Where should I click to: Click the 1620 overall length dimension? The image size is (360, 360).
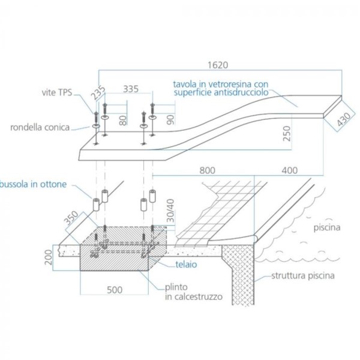tap(218, 65)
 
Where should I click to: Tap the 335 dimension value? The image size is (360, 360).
tap(131, 89)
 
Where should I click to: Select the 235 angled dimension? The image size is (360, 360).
tap(98, 92)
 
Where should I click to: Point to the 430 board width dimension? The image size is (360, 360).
tap(344, 119)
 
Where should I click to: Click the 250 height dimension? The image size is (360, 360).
tap(287, 134)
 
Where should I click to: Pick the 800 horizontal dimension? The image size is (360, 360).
tap(208, 170)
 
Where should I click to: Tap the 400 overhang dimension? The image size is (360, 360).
tap(290, 170)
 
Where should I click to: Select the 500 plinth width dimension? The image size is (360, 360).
tap(115, 290)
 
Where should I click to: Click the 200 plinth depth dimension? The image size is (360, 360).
tap(49, 257)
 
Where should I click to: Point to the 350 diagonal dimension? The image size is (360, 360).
tap(71, 218)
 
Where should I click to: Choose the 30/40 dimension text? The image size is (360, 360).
tap(170, 211)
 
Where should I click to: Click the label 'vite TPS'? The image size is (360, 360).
tap(57, 92)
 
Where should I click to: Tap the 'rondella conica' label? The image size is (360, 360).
tap(40, 127)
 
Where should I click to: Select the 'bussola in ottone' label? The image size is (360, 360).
tap(34, 184)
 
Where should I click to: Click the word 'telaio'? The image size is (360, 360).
tap(186, 265)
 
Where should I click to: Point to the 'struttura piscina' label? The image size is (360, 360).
tap(303, 275)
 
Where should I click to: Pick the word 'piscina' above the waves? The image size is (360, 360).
tap(327, 228)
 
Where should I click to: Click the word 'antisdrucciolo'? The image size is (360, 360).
tap(241, 92)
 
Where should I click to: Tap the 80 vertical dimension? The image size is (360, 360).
tap(123, 121)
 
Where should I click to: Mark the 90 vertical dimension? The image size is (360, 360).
tap(170, 119)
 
